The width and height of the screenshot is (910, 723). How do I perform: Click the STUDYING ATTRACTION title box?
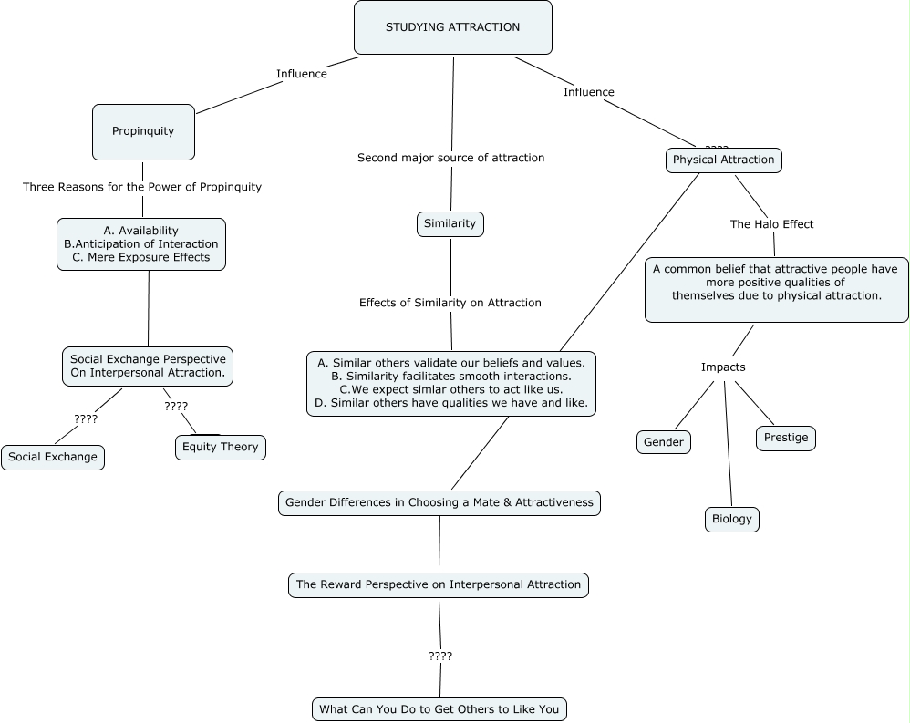[452, 27]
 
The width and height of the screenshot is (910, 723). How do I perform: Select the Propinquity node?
[143, 131]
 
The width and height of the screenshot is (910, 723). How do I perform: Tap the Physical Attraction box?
[723, 160]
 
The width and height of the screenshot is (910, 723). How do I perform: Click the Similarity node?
[450, 223]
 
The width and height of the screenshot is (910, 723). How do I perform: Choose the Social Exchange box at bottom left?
[53, 458]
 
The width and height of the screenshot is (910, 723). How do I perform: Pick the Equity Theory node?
[221, 447]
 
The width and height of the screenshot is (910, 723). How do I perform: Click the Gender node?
[664, 442]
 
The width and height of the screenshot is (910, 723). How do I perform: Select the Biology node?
[732, 520]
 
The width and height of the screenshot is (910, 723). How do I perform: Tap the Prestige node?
[786, 438]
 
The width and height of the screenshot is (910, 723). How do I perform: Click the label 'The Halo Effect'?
[771, 224]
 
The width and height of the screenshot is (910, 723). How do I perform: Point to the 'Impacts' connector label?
[723, 367]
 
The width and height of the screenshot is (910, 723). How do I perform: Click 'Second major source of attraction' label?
[450, 158]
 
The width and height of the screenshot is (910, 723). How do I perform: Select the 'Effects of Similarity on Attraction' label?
[450, 303]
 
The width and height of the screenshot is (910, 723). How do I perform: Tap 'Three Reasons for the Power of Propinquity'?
[142, 187]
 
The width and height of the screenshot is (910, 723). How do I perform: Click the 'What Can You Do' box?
[439, 709]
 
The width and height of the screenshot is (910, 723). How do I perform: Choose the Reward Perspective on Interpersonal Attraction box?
[439, 584]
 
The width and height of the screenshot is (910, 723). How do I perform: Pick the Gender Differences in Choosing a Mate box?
[439, 502]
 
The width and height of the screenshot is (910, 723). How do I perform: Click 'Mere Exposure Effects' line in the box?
[141, 258]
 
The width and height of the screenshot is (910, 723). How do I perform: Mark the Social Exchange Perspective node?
[148, 367]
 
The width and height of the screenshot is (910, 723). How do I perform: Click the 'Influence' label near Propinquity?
[301, 74]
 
